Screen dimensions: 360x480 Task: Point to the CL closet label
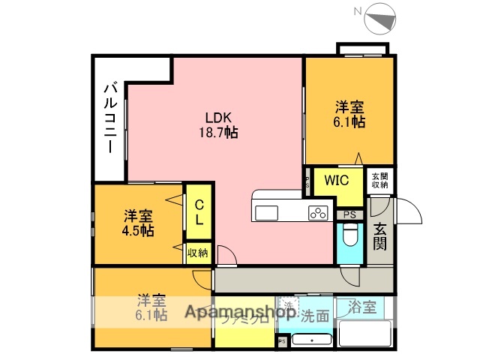199,212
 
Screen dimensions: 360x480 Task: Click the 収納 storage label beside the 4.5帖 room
198,253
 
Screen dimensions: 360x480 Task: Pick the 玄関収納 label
379,180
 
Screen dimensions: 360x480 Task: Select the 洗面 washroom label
314,316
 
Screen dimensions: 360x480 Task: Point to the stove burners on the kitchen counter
317,212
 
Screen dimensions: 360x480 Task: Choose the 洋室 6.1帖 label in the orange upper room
349,114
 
